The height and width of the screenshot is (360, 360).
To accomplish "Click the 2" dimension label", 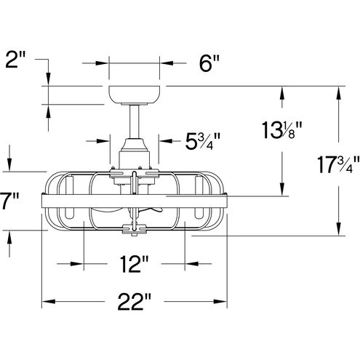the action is point(15,60).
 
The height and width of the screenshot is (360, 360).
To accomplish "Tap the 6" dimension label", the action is point(209,63).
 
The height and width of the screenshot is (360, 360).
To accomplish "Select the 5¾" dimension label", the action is point(202,141).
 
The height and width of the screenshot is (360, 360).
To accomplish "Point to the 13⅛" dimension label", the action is point(282,130).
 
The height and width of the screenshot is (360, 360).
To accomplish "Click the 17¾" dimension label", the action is point(338,165).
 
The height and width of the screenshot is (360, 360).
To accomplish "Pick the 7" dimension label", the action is point(9,201).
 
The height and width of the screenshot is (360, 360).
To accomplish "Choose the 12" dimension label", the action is point(134,264).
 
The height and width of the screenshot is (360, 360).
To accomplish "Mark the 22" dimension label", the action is point(134,302).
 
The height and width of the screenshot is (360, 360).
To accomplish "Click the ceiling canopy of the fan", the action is point(134,95).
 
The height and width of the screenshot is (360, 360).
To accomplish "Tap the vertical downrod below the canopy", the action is point(134,121).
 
